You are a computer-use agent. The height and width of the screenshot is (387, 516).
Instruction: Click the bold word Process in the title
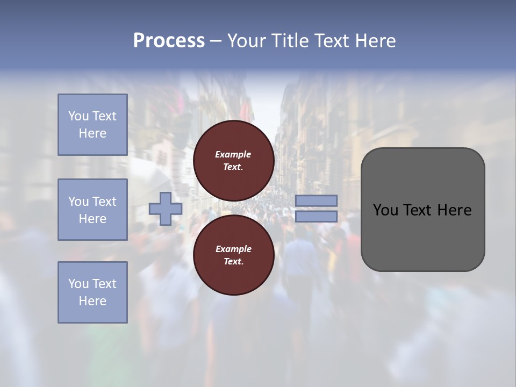tap(169, 41)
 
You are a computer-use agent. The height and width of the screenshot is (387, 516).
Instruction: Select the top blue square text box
tap(92, 125)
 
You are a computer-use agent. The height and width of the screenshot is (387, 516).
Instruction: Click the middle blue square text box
tap(92, 210)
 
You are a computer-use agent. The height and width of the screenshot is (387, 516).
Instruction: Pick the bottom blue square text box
tap(92, 292)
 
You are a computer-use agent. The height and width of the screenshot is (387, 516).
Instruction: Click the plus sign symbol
tap(165, 209)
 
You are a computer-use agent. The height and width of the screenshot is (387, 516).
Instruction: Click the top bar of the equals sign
tap(316, 201)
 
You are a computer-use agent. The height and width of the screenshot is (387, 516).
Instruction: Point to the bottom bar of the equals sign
tap(316, 217)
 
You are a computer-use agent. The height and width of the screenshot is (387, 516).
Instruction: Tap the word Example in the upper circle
tap(233, 154)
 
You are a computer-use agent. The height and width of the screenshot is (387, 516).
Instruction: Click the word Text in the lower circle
tap(233, 262)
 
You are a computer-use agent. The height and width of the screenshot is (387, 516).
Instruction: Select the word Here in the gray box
tap(455, 210)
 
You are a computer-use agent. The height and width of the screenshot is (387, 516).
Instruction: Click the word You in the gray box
tap(386, 210)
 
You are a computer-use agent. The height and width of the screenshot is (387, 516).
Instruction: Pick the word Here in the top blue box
tap(92, 133)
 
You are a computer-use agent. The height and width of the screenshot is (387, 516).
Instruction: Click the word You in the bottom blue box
tap(78, 284)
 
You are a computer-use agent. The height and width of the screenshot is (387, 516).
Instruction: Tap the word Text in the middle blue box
tap(104, 202)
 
